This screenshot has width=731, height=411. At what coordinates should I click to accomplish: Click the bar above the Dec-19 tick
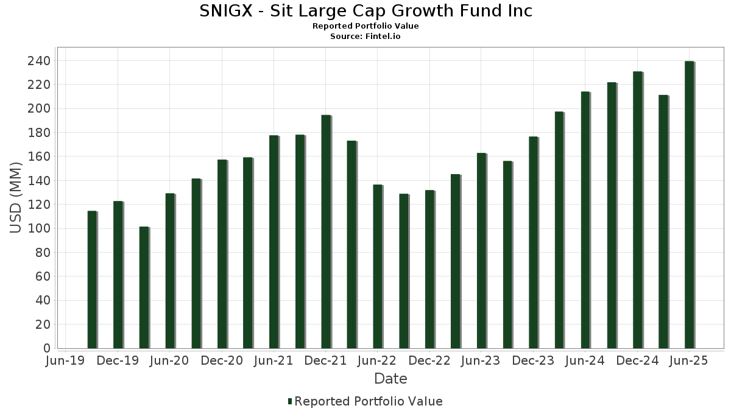(x=118, y=274)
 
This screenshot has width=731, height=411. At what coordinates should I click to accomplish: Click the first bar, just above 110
(x=92, y=279)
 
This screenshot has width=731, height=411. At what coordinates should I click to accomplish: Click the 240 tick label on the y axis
(x=38, y=61)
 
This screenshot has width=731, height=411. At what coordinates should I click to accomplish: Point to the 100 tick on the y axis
(x=38, y=229)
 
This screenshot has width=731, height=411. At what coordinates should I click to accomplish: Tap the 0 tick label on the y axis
(x=46, y=348)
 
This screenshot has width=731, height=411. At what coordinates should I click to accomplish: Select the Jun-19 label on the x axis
(x=66, y=361)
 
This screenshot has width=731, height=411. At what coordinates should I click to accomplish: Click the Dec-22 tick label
(x=429, y=361)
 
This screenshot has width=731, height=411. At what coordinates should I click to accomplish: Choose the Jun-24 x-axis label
(x=585, y=361)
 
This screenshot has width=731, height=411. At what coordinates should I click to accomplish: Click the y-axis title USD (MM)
(x=16, y=198)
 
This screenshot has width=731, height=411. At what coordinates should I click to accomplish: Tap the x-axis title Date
(x=390, y=379)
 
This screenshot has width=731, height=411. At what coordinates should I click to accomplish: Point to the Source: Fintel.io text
(x=365, y=37)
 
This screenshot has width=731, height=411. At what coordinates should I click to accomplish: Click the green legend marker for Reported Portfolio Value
(x=290, y=401)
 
